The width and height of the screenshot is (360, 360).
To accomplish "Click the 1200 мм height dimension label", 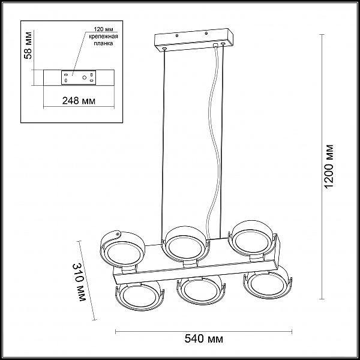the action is tap(329, 166).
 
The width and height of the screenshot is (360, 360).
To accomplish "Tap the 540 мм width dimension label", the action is tap(203, 339).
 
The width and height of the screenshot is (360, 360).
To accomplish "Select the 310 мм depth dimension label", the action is tap(79, 282).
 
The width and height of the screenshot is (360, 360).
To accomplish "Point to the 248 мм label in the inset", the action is tap(79, 101).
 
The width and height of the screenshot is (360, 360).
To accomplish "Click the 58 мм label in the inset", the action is tap(28, 45).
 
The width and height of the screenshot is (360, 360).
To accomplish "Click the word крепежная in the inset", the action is tap(103, 37).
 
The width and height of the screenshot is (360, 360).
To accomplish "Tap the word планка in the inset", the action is tap(104, 43).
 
